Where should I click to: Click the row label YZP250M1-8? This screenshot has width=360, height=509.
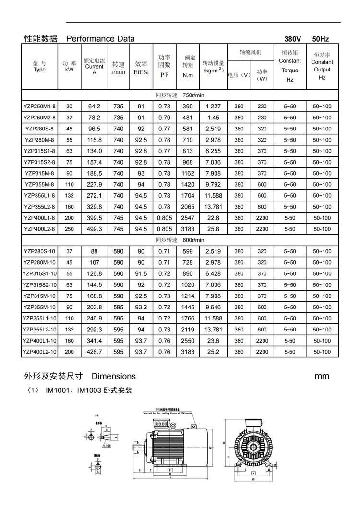pos(39,106)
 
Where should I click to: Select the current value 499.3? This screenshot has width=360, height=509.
pos(94,229)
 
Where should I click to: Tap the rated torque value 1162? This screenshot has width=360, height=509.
pos(188,173)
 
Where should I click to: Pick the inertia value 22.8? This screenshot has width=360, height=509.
pos(213,218)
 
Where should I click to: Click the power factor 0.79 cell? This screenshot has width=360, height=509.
pos(164,118)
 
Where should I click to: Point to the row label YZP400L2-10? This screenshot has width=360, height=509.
pos(39,352)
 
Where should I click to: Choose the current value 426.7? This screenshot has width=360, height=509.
pos(94,352)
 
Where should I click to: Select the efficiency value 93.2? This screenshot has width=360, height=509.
pos(141,307)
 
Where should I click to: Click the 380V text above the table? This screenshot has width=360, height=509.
pos(292,39)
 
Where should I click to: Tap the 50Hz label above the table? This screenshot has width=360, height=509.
pos(321,39)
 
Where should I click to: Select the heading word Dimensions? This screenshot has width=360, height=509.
pos(113,376)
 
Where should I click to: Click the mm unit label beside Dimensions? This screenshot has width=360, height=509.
pos(322,376)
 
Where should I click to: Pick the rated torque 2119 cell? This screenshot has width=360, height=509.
pos(188,330)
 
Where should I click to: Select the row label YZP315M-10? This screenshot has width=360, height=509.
pos(39,296)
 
